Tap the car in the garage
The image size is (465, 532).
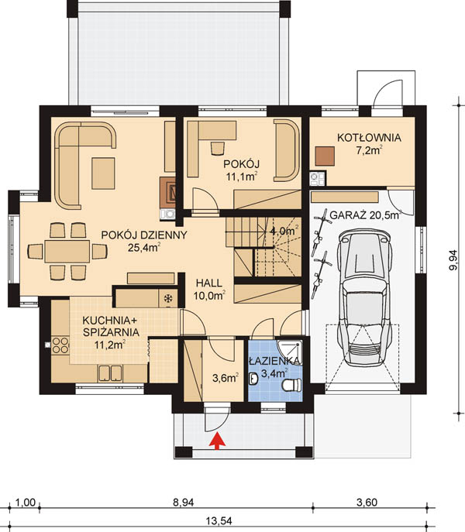[x=365, y=298]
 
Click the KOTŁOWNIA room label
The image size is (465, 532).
[x=369, y=138]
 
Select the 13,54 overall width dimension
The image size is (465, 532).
[x=219, y=521]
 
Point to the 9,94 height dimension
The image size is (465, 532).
[x=453, y=260]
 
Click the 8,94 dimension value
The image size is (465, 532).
[x=183, y=503]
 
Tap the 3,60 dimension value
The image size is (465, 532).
[x=367, y=503]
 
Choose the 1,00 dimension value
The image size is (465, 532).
[x=25, y=503]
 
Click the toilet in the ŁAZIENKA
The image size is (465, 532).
[x=291, y=385]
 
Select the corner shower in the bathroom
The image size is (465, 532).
[x=289, y=352]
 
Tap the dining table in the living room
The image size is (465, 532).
[x=67, y=252]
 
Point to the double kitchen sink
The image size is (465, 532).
[x=110, y=373]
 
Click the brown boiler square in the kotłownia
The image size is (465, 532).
[x=325, y=156]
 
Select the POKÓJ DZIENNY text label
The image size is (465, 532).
[x=144, y=235]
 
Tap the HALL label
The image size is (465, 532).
[x=209, y=283]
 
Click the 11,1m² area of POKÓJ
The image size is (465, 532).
[x=242, y=177]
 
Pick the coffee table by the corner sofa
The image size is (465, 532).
[x=103, y=173]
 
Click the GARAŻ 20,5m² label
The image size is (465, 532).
[x=366, y=215]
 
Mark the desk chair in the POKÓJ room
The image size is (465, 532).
[x=218, y=148]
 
